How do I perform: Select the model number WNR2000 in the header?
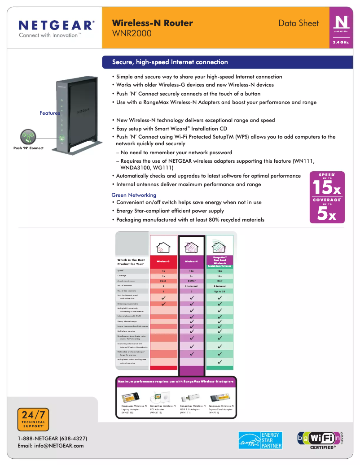click(x=132, y=34)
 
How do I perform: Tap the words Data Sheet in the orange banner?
click(x=299, y=23)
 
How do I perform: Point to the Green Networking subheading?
click(x=134, y=195)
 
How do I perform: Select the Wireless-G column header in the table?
click(x=163, y=261)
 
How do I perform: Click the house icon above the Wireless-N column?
click(x=192, y=247)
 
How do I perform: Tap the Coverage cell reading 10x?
click(x=220, y=276)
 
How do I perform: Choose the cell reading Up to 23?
click(x=220, y=291)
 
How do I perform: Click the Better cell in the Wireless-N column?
click(x=192, y=281)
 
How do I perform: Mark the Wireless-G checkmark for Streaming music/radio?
click(x=163, y=304)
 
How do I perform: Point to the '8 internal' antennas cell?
click(x=220, y=286)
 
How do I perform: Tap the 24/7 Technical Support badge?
click(x=33, y=420)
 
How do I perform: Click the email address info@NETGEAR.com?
click(x=50, y=446)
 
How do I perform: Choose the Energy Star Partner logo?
click(x=260, y=440)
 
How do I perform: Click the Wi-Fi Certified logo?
click(x=322, y=439)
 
